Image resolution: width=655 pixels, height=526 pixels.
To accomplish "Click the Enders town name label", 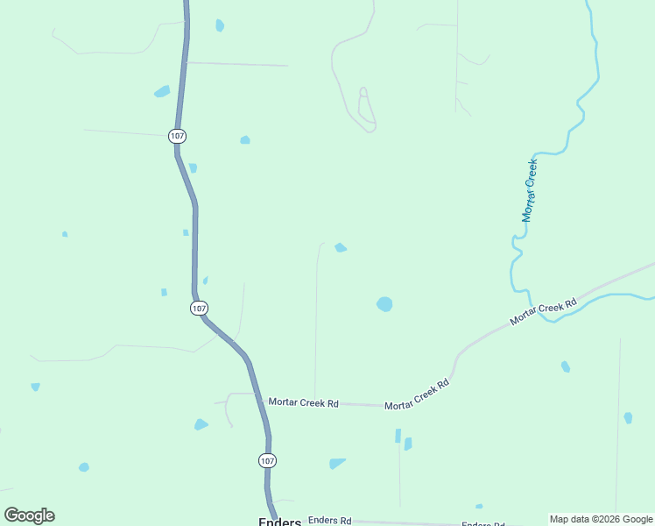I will [279, 522].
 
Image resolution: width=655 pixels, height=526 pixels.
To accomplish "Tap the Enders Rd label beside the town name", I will [329, 520].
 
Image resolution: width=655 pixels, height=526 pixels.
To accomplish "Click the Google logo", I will [29, 515].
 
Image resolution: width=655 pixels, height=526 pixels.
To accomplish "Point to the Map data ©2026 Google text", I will [601, 519].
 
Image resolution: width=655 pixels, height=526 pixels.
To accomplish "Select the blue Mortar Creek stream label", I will [530, 190].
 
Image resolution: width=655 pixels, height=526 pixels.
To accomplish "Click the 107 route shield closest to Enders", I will [267, 460].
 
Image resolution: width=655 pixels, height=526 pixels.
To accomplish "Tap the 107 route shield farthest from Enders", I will [178, 136].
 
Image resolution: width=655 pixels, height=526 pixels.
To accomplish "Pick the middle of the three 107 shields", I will [200, 308].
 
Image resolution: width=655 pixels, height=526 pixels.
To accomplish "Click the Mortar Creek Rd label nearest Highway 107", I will [303, 402].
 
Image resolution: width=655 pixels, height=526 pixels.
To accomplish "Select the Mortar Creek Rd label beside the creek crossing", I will [544, 312].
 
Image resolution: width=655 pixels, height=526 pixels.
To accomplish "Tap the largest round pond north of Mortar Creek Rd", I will [384, 304].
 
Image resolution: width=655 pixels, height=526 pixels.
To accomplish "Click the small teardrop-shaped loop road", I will [366, 108].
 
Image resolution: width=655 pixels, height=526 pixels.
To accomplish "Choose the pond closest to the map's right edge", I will [628, 418].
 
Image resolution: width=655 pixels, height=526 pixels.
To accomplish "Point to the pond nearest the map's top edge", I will [220, 25].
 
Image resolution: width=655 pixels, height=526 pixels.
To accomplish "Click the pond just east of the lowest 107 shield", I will [336, 463].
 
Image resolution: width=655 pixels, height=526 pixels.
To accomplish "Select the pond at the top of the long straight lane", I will [340, 248].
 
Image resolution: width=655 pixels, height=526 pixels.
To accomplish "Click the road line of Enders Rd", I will [403, 522].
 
